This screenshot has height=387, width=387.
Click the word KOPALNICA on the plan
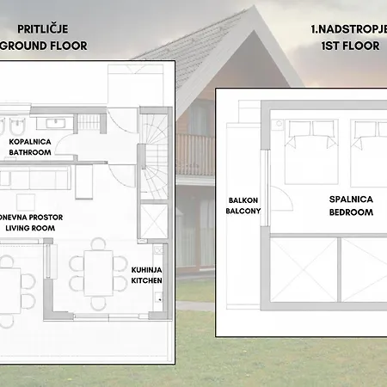[x=31, y=141]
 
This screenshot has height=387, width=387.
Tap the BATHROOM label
[x=31, y=152]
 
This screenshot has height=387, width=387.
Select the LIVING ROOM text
[x=29, y=230]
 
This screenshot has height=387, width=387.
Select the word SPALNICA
[x=351, y=199]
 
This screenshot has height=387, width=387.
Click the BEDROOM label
[x=351, y=212]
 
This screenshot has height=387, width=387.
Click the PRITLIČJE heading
[x=44, y=29]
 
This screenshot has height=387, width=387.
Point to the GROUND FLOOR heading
[x=44, y=46]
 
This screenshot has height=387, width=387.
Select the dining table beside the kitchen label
[x=96, y=272]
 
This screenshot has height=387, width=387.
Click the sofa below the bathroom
[x=34, y=179]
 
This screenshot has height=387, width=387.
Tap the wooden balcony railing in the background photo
[x=195, y=153]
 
